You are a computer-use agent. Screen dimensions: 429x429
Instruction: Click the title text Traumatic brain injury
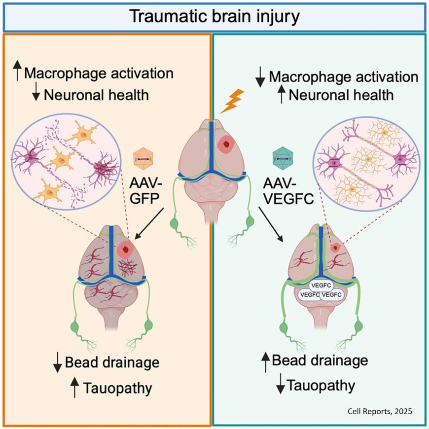click(x=214, y=16)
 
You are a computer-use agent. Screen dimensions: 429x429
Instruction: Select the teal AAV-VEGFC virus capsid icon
click(x=280, y=158)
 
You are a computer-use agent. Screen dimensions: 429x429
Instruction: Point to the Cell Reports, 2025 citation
click(x=384, y=410)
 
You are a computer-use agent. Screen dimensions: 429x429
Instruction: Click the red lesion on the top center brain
click(x=227, y=144)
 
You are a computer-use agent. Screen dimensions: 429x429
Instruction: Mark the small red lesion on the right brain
click(x=336, y=248)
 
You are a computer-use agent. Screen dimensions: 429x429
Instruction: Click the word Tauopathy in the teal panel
click(x=321, y=385)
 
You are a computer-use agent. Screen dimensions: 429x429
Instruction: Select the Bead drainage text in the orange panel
click(x=112, y=363)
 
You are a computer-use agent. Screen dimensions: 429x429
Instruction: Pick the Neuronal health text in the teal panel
click(x=341, y=94)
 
